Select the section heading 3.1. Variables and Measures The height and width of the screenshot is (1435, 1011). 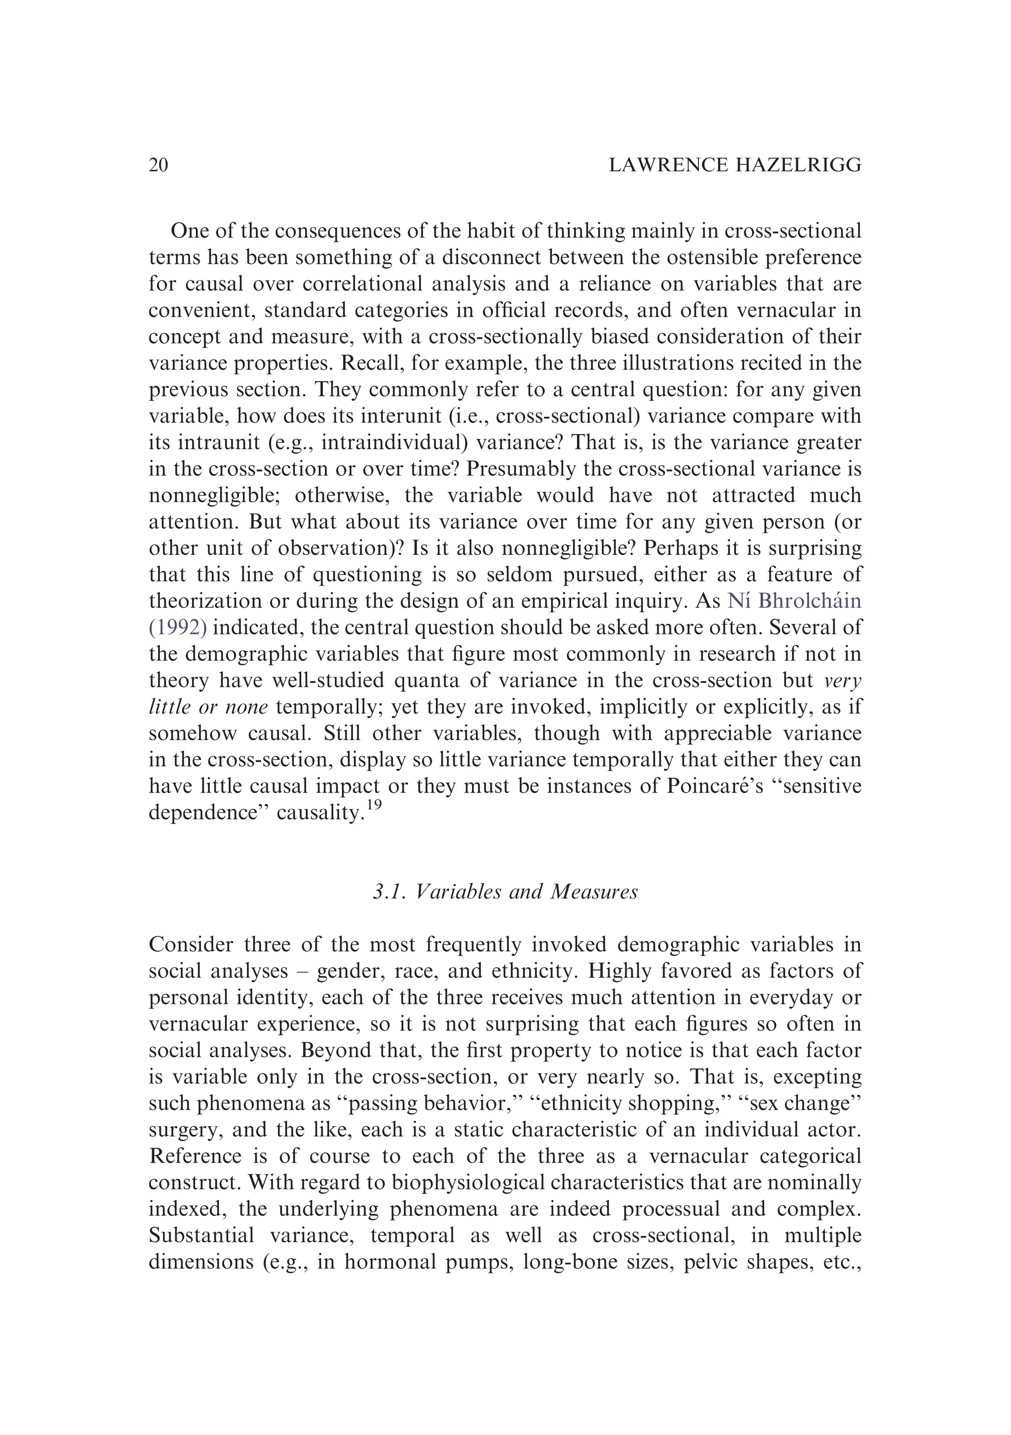tap(505, 891)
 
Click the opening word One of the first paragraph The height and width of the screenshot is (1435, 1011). tap(190, 231)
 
